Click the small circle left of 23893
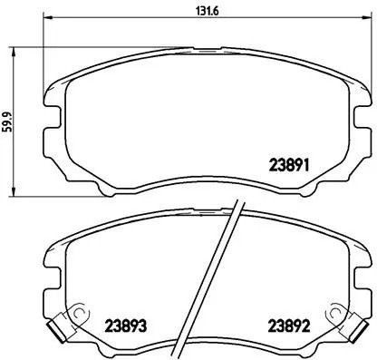click(x=81, y=316)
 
